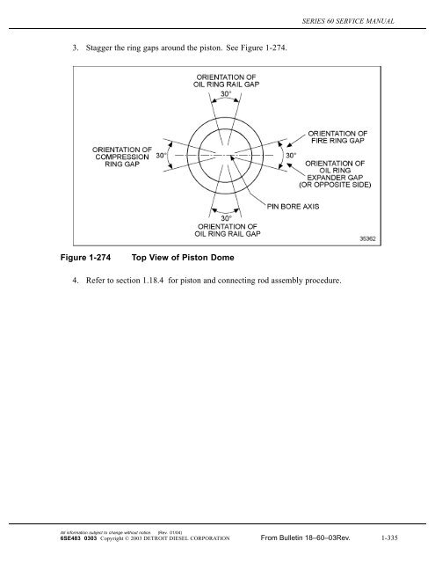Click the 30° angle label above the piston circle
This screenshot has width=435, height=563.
pos(228,94)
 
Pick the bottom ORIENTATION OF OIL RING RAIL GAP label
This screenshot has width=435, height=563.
pos(228,230)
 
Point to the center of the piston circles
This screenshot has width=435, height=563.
pos(228,156)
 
